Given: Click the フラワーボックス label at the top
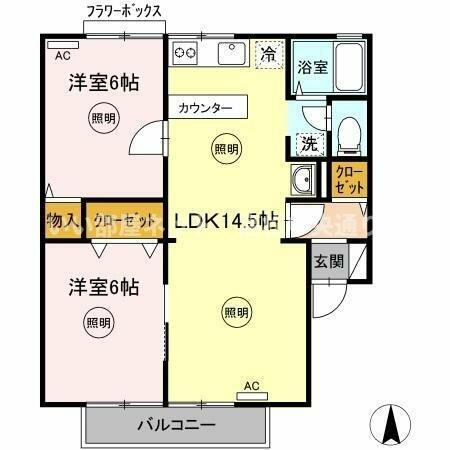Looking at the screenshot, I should (125, 12).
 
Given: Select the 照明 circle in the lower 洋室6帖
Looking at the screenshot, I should (98, 322).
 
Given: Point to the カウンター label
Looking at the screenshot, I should (207, 107).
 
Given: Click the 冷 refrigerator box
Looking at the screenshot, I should (267, 52).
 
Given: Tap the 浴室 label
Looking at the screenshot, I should (312, 68).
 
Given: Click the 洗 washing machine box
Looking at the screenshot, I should (310, 143).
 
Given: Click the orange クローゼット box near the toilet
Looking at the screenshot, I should (350, 180).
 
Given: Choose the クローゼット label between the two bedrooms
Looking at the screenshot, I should (124, 220).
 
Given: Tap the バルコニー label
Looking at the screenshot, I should (176, 425).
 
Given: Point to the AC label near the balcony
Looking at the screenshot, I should (252, 386).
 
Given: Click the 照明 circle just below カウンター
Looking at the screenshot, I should (227, 149).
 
